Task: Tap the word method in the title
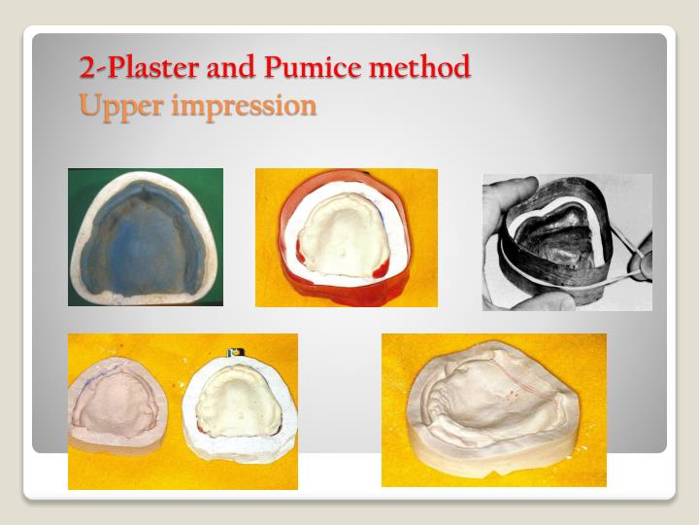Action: click(x=414, y=67)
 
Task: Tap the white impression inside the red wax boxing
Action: click(x=339, y=234)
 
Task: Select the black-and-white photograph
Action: click(x=567, y=242)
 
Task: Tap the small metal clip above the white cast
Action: click(x=233, y=353)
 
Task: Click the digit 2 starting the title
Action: click(x=86, y=67)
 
